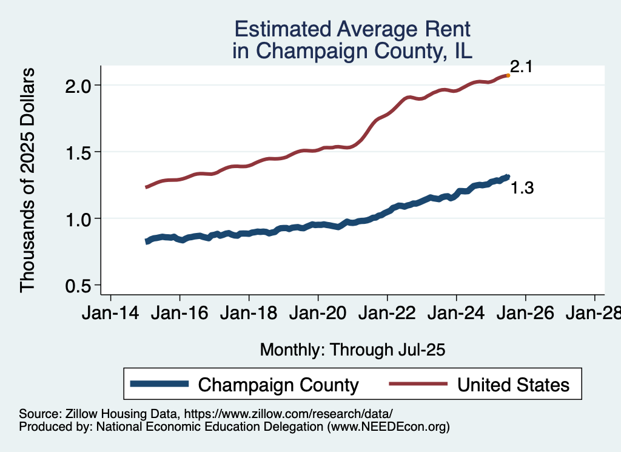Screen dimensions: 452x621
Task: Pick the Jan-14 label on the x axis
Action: (x=110, y=314)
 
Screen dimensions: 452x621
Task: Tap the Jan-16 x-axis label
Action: (x=180, y=314)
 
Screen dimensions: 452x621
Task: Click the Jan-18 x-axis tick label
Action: (x=249, y=314)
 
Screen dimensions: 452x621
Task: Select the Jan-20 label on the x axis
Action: (x=318, y=314)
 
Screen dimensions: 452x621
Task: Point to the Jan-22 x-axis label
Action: (x=387, y=314)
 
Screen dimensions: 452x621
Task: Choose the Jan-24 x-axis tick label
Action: (x=456, y=314)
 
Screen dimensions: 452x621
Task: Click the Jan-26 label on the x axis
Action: (x=525, y=314)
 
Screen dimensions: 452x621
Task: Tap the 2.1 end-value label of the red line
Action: (x=521, y=67)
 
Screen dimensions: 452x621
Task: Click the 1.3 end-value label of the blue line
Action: (x=522, y=189)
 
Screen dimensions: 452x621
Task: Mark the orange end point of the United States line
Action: (x=508, y=76)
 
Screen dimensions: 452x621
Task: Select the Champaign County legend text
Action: (x=278, y=385)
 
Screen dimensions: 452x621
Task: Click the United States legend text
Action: (x=513, y=385)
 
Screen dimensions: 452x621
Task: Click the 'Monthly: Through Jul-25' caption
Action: (x=352, y=349)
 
